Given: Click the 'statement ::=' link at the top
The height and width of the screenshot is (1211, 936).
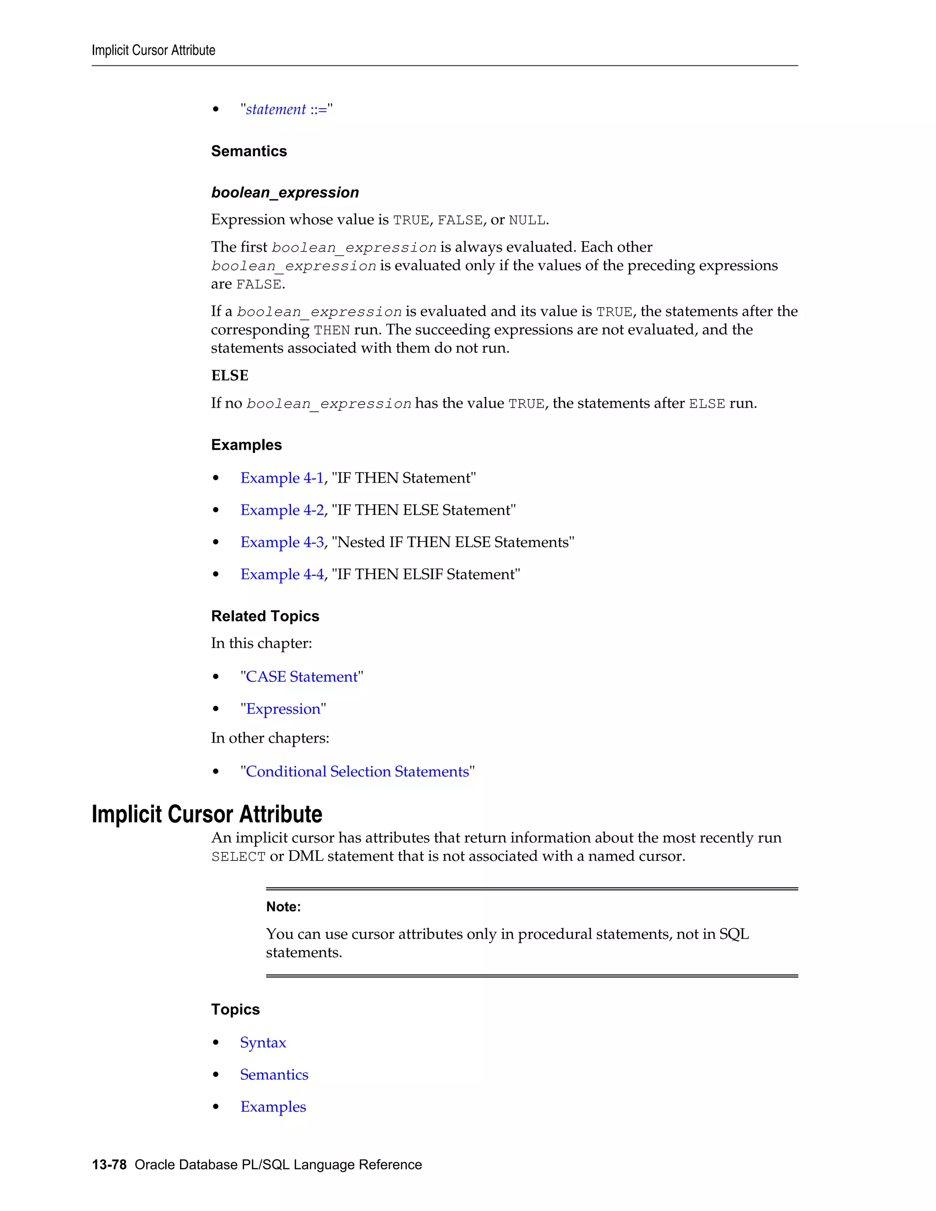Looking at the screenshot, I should [x=286, y=109].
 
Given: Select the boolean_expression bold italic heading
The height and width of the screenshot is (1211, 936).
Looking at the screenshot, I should [x=285, y=192].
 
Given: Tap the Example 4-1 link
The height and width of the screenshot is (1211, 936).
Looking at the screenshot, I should [x=282, y=478].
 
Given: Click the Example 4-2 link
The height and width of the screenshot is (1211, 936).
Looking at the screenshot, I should [x=282, y=510].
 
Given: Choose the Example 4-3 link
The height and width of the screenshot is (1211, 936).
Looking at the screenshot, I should [x=282, y=542].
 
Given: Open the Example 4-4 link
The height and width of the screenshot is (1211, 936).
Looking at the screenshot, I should [x=282, y=574].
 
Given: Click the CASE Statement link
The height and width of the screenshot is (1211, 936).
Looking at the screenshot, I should [x=302, y=677].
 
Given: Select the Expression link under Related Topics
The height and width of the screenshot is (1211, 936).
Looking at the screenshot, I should [x=283, y=709].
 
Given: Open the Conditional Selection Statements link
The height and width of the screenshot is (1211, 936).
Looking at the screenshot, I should [x=357, y=772].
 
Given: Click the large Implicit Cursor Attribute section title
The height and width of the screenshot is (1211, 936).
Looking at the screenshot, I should [x=207, y=814].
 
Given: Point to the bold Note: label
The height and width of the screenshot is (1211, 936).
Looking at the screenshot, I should [x=283, y=907].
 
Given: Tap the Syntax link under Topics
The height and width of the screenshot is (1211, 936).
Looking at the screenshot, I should [x=263, y=1042].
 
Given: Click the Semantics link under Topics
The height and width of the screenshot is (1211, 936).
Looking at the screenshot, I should [x=274, y=1075].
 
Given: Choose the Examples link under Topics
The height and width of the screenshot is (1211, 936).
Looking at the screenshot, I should [x=273, y=1107].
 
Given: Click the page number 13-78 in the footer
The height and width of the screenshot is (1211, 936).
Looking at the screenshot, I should [x=109, y=1164].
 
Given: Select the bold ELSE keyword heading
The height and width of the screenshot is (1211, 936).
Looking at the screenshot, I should [x=229, y=376].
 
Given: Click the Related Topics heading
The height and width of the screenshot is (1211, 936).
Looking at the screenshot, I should [x=265, y=616].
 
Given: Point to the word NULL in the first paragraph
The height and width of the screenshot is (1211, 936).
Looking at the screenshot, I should [x=527, y=220].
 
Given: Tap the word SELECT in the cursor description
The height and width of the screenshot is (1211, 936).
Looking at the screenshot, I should [x=239, y=857].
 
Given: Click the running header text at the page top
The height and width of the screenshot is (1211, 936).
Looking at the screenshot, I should [x=154, y=50].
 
